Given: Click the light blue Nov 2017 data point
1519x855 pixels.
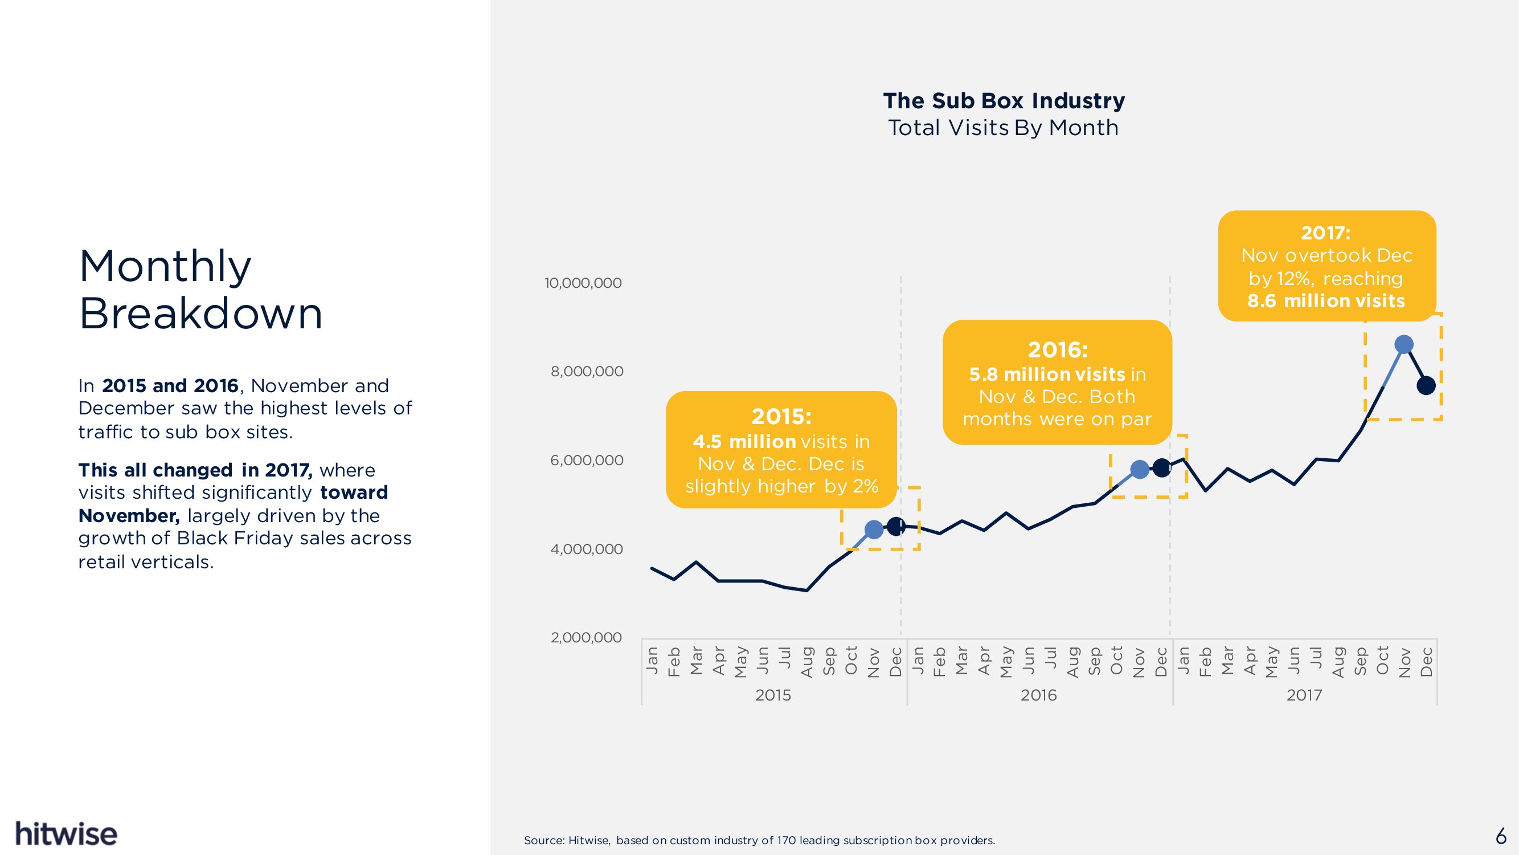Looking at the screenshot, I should click(x=1404, y=344).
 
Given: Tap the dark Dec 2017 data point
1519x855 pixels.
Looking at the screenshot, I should click(x=1426, y=385).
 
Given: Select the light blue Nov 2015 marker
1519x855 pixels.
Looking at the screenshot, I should click(x=873, y=530).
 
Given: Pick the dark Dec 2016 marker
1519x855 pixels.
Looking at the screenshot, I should click(x=1161, y=468).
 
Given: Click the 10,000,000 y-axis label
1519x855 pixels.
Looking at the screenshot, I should click(x=583, y=283).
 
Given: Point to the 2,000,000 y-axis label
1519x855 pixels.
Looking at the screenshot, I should click(x=586, y=637).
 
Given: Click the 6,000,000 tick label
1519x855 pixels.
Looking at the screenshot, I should click(x=586, y=460).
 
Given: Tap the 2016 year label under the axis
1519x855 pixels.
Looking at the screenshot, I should click(x=1038, y=695).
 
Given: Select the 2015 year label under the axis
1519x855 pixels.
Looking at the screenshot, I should click(x=772, y=695).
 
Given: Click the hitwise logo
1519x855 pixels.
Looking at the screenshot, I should click(x=66, y=834).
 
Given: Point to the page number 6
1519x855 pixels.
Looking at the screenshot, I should click(x=1501, y=836).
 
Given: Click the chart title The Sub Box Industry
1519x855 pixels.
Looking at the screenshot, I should click(x=1004, y=101).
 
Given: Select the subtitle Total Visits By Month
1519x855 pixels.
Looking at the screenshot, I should click(x=1003, y=128).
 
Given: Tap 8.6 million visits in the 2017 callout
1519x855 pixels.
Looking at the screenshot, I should click(x=1325, y=301).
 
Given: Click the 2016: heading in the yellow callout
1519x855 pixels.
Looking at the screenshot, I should click(x=1057, y=350).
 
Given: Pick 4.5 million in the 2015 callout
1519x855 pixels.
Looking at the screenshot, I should click(x=744, y=441).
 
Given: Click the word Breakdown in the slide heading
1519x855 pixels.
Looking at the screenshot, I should click(x=200, y=313).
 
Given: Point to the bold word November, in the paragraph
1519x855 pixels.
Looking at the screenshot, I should click(x=129, y=516).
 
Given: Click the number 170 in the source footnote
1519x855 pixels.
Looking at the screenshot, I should click(x=786, y=840).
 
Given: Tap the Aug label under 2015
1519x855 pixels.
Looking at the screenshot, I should click(x=806, y=662).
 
